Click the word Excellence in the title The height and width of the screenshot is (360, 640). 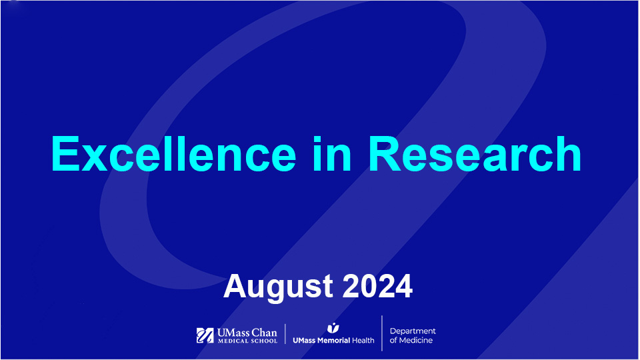point(173,154)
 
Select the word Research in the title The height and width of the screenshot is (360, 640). point(475,154)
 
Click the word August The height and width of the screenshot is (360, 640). point(279,287)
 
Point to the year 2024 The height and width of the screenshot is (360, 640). point(377,287)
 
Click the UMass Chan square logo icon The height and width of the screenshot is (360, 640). point(205,335)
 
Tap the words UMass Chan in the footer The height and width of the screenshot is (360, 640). point(246,332)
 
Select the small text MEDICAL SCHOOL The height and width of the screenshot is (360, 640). point(246,341)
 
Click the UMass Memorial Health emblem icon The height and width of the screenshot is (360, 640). point(333,327)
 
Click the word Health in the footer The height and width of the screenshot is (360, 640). point(363,340)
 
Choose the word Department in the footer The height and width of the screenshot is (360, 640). point(413,331)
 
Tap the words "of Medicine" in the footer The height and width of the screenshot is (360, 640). point(411,341)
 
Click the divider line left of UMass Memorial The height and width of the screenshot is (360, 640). point(285,335)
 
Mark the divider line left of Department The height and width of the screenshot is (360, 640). point(382,333)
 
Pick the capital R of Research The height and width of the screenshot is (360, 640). point(385,154)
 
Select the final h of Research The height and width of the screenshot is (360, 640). point(569,154)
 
